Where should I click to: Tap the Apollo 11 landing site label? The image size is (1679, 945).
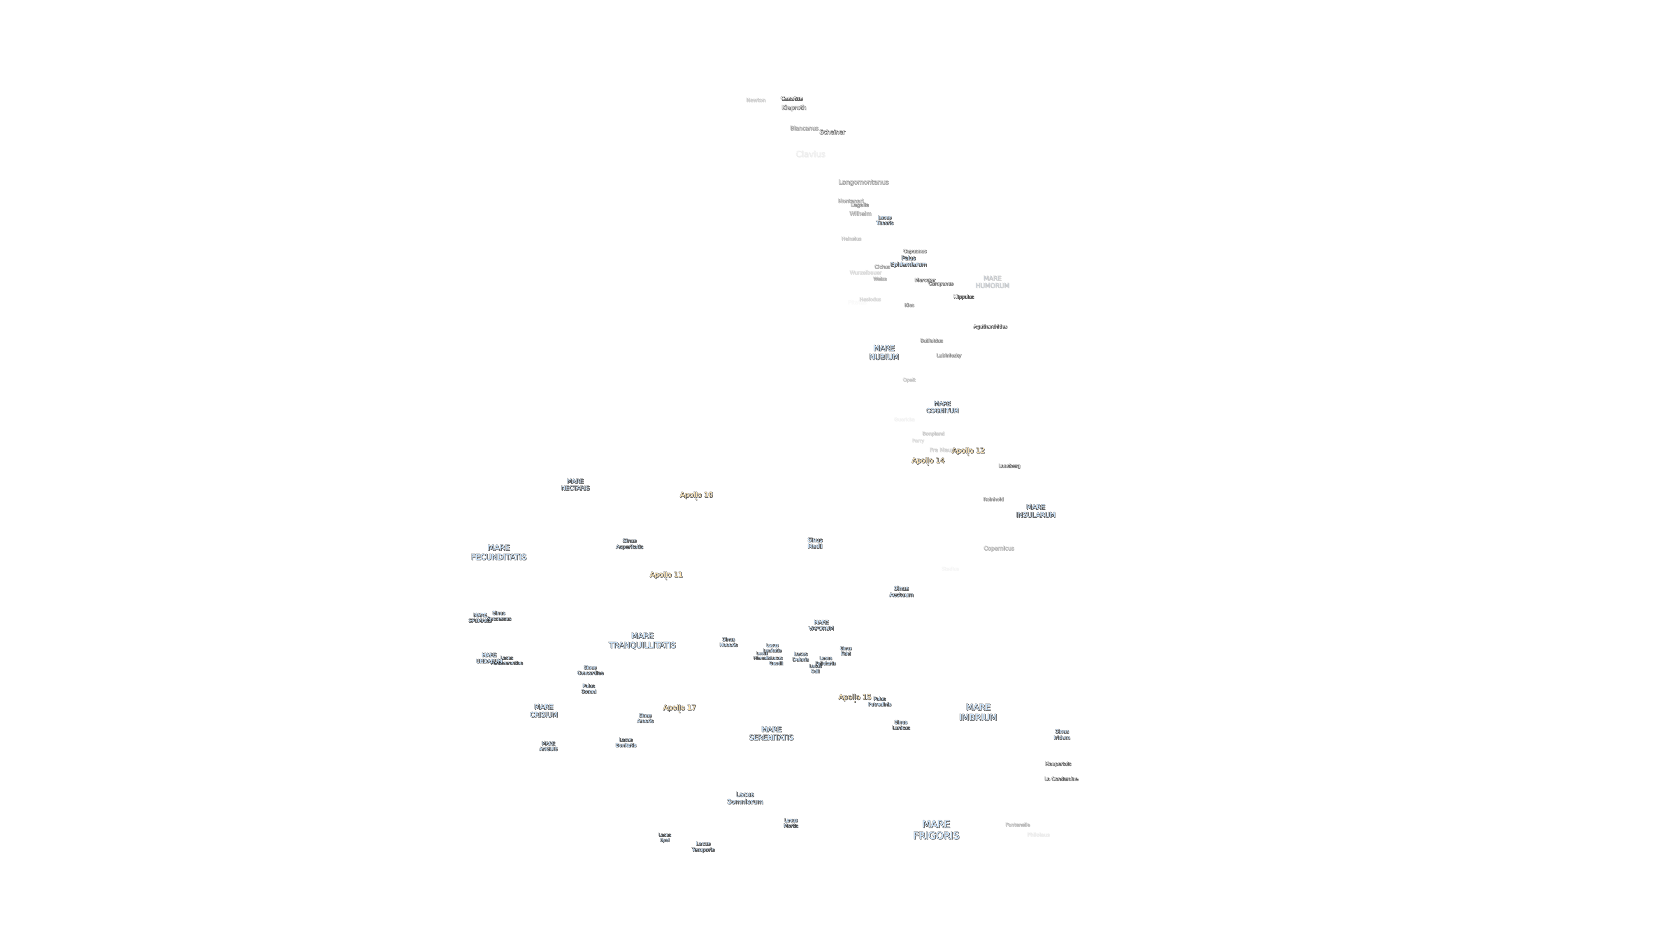(x=665, y=575)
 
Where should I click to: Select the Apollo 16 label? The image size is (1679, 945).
(x=696, y=495)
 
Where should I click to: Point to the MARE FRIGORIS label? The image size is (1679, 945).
(x=936, y=829)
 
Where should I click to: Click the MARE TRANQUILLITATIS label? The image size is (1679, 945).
(x=642, y=640)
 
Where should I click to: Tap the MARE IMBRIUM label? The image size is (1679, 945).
(x=978, y=712)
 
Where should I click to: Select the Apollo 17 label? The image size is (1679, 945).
(x=679, y=708)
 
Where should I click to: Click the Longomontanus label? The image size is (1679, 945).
(x=863, y=182)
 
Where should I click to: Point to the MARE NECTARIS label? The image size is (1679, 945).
(x=575, y=484)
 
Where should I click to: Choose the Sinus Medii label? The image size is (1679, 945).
(x=815, y=543)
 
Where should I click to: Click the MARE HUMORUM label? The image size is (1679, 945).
(x=992, y=282)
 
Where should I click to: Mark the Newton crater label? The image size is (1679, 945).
(x=756, y=100)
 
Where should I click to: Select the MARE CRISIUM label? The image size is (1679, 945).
(x=544, y=711)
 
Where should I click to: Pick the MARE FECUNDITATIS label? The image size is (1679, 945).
(x=499, y=552)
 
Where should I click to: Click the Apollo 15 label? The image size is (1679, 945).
(x=854, y=697)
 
